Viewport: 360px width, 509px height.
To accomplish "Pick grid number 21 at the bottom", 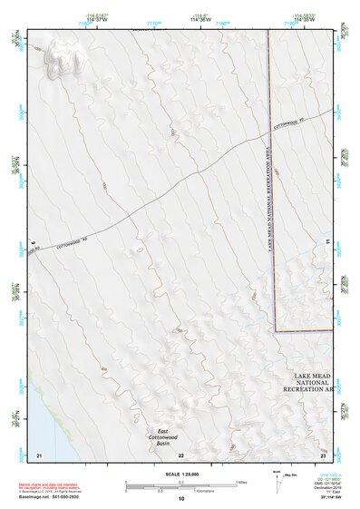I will (x=39, y=454).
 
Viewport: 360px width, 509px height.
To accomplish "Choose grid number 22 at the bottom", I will (x=181, y=454).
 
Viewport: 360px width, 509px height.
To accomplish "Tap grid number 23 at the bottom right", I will (x=322, y=454).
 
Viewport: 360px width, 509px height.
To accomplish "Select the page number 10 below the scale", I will (x=180, y=499).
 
